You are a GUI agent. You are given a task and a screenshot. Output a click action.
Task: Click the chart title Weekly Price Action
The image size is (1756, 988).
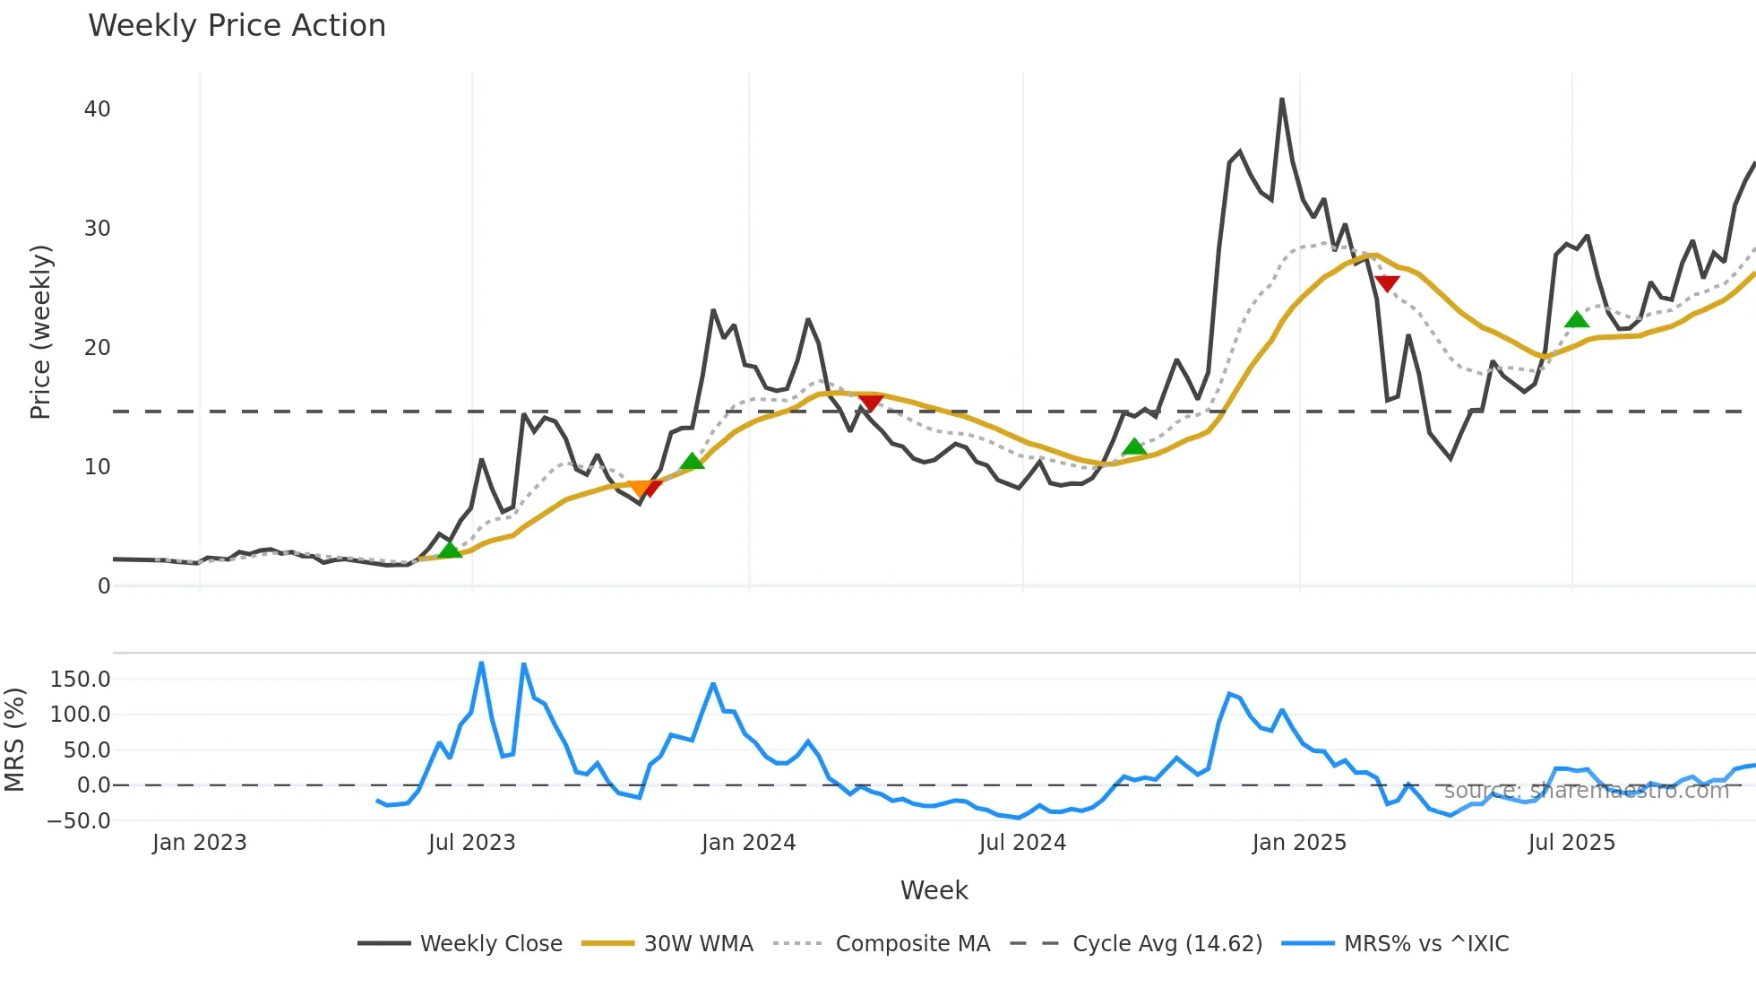point(237,26)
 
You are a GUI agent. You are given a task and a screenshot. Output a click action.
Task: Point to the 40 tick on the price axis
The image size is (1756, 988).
point(97,109)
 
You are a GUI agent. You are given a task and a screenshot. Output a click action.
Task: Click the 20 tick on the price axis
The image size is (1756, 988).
point(97,348)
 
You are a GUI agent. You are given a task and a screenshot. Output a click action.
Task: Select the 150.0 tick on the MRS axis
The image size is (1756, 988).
point(81,680)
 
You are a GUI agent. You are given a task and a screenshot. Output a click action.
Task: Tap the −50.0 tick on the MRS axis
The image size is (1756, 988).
point(79,821)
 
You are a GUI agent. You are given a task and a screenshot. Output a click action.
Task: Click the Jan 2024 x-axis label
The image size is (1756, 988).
point(748,843)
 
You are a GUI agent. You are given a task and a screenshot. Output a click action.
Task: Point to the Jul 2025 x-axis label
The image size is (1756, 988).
point(1571,843)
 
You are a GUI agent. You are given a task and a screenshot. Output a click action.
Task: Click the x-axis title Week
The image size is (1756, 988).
point(934,890)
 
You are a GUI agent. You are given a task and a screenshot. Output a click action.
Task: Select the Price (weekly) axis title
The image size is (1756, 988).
point(41,332)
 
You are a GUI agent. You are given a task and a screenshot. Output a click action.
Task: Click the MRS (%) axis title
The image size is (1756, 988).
point(14,740)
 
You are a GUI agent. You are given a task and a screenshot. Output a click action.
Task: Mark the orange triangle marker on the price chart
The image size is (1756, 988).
point(640,489)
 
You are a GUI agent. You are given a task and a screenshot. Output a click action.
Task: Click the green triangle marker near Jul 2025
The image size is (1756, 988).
point(1576,319)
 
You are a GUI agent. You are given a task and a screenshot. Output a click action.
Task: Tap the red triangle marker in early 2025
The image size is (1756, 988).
point(1387,284)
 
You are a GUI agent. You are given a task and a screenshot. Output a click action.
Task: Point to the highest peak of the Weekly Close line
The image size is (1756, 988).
point(1282,100)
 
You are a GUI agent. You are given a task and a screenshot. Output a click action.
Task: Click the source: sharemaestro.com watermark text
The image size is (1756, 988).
point(1586,791)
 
